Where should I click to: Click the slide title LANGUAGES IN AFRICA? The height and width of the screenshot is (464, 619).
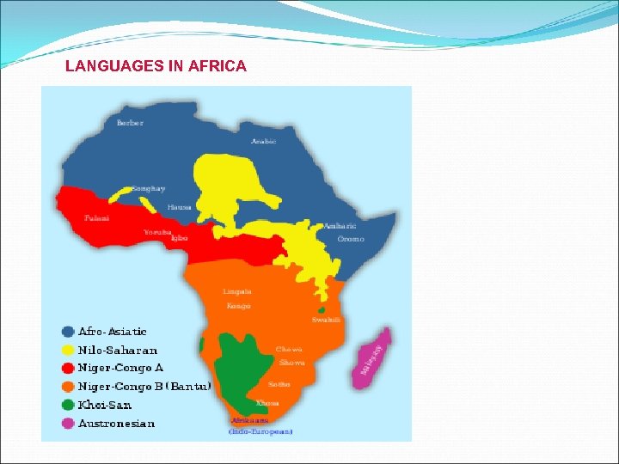click(156, 66)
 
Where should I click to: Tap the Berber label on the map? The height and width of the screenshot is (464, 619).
click(130, 123)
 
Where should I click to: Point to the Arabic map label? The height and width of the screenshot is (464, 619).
click(263, 142)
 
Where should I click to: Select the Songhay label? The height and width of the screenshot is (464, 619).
click(149, 188)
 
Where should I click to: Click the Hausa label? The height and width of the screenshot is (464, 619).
click(180, 207)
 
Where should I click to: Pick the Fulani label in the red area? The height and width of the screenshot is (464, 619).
click(97, 218)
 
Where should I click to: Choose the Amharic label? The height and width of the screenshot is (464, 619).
click(340, 226)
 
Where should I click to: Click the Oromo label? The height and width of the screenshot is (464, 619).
click(351, 239)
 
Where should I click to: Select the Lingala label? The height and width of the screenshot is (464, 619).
click(237, 292)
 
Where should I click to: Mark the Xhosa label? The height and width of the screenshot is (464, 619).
click(267, 402)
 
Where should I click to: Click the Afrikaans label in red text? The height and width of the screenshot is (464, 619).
click(249, 420)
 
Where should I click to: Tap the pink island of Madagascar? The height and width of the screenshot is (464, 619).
click(371, 355)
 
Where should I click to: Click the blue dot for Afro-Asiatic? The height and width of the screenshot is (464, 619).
click(67, 331)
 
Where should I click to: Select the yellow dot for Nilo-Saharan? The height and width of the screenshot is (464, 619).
click(67, 350)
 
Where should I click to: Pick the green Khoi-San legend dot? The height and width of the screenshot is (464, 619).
click(67, 405)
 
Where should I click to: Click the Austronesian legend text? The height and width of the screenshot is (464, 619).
click(117, 424)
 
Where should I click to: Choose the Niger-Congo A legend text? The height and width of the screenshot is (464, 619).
click(120, 368)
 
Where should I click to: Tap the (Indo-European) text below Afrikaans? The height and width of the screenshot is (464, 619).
click(260, 431)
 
